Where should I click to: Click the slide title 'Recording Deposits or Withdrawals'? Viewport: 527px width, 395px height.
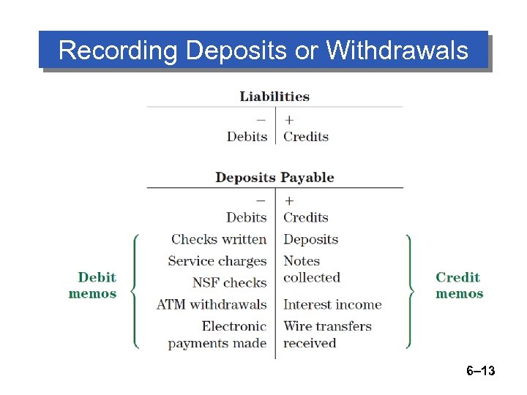pyautogui.click(x=263, y=50)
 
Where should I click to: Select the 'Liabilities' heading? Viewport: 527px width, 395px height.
pyautogui.click(x=274, y=97)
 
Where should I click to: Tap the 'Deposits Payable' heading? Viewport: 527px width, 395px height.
pyautogui.click(x=274, y=178)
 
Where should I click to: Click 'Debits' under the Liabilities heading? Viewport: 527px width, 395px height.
pyautogui.click(x=247, y=137)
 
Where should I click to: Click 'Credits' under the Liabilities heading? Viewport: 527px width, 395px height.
pyautogui.click(x=306, y=137)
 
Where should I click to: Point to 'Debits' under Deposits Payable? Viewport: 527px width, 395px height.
pyautogui.click(x=247, y=217)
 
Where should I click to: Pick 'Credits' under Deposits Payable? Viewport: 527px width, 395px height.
pyautogui.click(x=306, y=217)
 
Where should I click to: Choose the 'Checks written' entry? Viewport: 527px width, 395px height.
pyautogui.click(x=219, y=239)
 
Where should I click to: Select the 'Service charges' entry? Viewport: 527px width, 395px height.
pyautogui.click(x=217, y=261)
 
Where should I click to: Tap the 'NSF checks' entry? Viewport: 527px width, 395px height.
pyautogui.click(x=229, y=282)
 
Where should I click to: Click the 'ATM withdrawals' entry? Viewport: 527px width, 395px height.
pyautogui.click(x=212, y=304)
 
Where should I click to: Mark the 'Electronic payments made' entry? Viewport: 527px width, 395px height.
pyautogui.click(x=217, y=334)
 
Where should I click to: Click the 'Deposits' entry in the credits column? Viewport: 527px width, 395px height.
pyautogui.click(x=310, y=239)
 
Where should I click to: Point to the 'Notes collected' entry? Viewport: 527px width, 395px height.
pyautogui.click(x=312, y=269)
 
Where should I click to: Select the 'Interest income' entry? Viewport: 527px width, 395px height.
pyautogui.click(x=332, y=304)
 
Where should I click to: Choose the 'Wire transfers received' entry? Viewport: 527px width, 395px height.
pyautogui.click(x=327, y=334)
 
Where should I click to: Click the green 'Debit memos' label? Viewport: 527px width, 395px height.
pyautogui.click(x=93, y=285)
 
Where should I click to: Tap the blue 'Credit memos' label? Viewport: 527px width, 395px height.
pyautogui.click(x=459, y=285)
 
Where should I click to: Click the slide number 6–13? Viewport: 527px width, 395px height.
pyautogui.click(x=481, y=372)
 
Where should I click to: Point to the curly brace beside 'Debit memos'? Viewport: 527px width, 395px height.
pyautogui.click(x=135, y=291)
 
